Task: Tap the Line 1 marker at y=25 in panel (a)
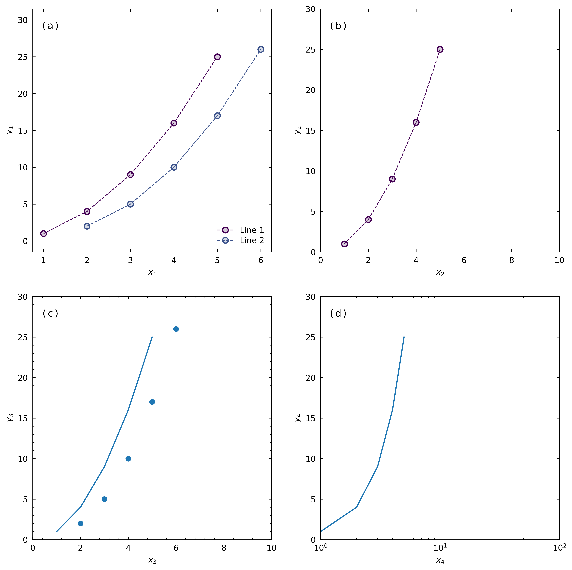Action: click(217, 57)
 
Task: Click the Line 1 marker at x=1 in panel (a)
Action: click(44, 234)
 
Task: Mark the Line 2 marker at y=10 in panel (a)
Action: click(174, 167)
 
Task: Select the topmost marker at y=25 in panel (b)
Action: click(440, 49)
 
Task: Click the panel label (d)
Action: click(338, 313)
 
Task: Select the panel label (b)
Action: click(338, 26)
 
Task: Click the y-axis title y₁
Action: click(10, 130)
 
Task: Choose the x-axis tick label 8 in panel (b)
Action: click(512, 261)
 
